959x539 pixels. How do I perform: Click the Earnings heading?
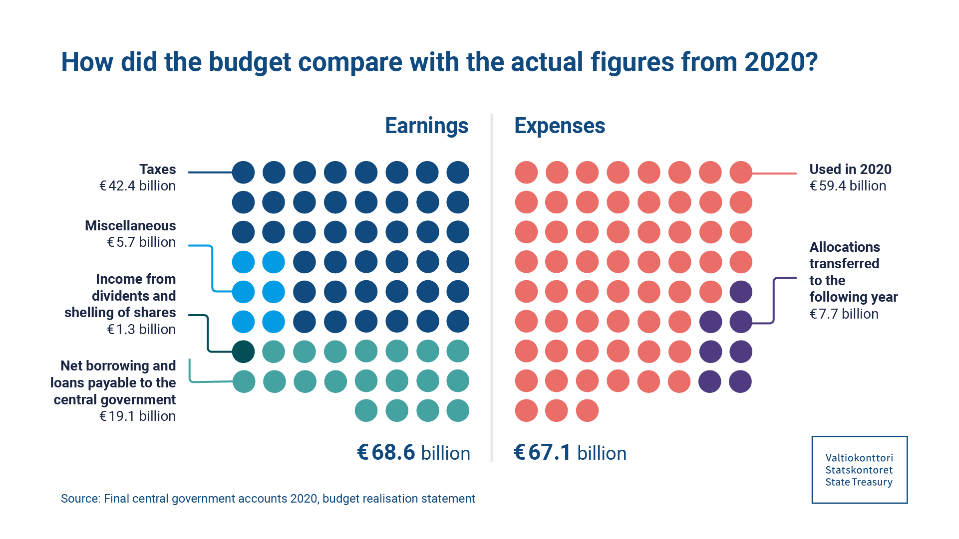click(x=426, y=126)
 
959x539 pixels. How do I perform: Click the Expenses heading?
click(x=560, y=126)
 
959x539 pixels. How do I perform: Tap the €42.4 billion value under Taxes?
click(x=137, y=186)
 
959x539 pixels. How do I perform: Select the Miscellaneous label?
click(x=130, y=225)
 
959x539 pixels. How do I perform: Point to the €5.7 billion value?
click(x=141, y=242)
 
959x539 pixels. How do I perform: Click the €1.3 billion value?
click(x=141, y=330)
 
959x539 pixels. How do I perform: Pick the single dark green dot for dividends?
click(x=244, y=352)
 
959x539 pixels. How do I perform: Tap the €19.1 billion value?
click(x=137, y=416)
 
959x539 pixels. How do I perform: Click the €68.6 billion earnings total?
click(x=413, y=453)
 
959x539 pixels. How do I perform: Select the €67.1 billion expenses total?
click(x=570, y=453)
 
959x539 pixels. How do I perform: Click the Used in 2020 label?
click(x=850, y=170)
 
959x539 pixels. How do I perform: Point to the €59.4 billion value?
click(x=848, y=186)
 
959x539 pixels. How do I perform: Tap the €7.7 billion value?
click(x=844, y=314)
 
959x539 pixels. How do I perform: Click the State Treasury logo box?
click(x=859, y=470)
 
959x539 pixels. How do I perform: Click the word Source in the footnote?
click(x=80, y=499)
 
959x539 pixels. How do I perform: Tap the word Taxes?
click(x=157, y=170)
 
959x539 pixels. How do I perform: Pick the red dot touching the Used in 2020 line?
click(x=741, y=173)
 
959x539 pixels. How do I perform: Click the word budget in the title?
click(x=250, y=62)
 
